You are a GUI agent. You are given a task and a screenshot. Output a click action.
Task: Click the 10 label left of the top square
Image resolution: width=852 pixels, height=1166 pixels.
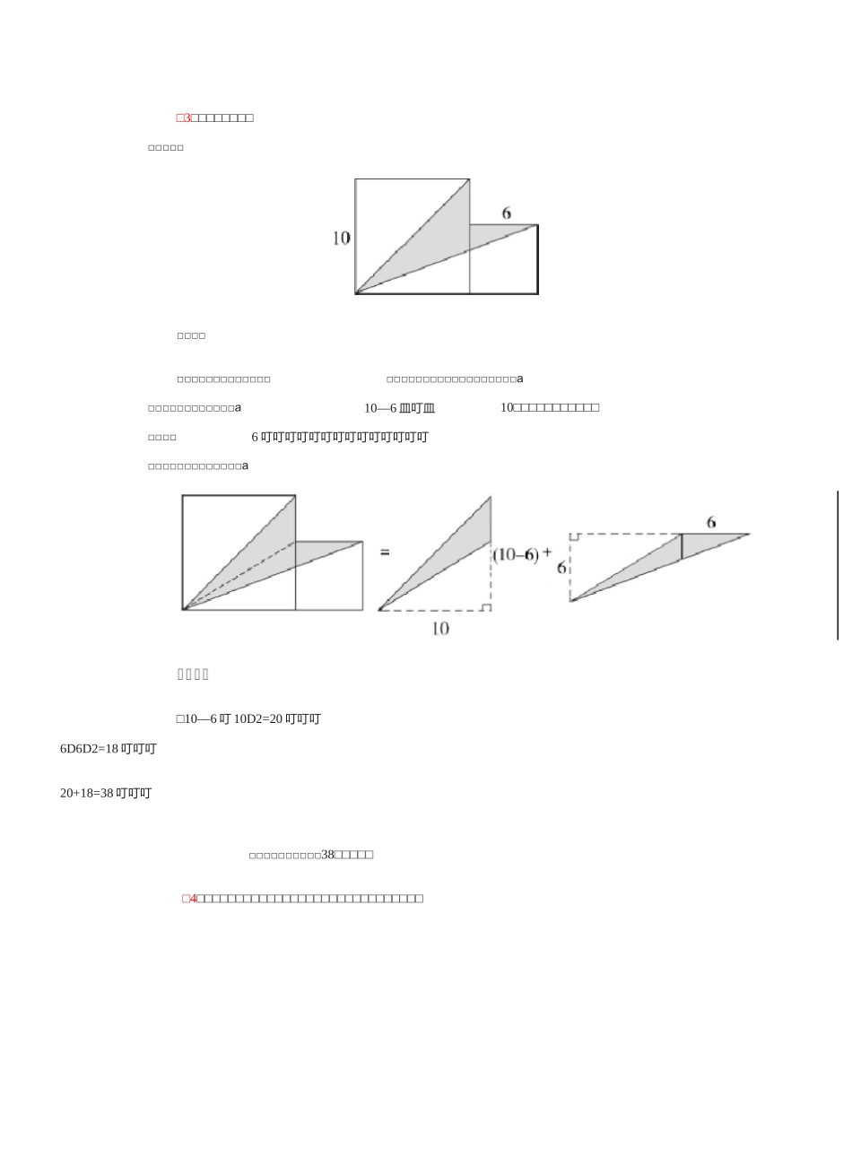341,239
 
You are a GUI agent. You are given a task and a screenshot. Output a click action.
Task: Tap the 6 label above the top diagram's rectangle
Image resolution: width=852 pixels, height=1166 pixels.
507,213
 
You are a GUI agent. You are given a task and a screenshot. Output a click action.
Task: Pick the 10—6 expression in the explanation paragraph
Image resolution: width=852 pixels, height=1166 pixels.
380,408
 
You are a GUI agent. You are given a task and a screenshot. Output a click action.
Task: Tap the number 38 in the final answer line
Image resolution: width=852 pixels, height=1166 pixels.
327,855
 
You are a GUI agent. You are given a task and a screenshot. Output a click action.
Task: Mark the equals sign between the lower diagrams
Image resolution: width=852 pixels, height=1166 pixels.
385,553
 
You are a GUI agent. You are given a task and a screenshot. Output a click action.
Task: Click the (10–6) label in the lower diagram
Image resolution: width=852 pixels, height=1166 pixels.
516,555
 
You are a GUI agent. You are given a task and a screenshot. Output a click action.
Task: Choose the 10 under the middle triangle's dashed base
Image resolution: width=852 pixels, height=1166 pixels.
440,629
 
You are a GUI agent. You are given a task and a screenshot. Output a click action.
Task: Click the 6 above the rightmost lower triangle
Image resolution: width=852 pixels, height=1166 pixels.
711,521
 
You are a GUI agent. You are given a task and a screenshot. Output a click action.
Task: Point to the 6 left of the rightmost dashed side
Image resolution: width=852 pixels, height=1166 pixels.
561,568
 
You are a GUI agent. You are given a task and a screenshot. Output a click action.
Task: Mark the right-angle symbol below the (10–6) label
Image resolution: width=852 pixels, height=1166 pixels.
485,607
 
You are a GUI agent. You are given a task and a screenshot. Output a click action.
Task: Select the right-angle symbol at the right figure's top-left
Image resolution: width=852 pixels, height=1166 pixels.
574,537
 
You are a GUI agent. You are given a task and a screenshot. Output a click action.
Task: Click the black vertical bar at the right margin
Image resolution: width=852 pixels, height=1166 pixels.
838,565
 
